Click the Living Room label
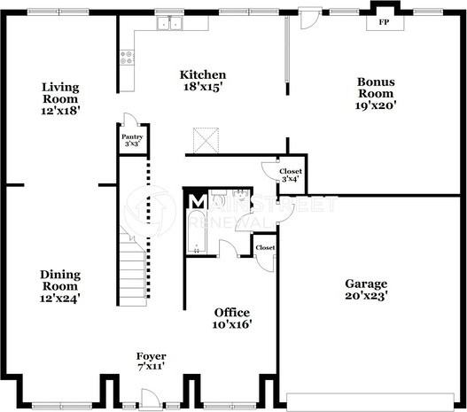[60, 93]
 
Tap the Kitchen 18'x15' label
[203, 82]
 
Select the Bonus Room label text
[377, 93]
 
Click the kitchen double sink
[170, 24]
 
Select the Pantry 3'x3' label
[131, 139]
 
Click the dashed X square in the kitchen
[206, 140]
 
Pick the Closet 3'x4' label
[290, 175]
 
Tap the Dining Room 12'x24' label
[60, 286]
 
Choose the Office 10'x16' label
[232, 319]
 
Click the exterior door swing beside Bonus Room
[307, 19]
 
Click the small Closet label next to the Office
[264, 247]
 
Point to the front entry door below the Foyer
[130, 406]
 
